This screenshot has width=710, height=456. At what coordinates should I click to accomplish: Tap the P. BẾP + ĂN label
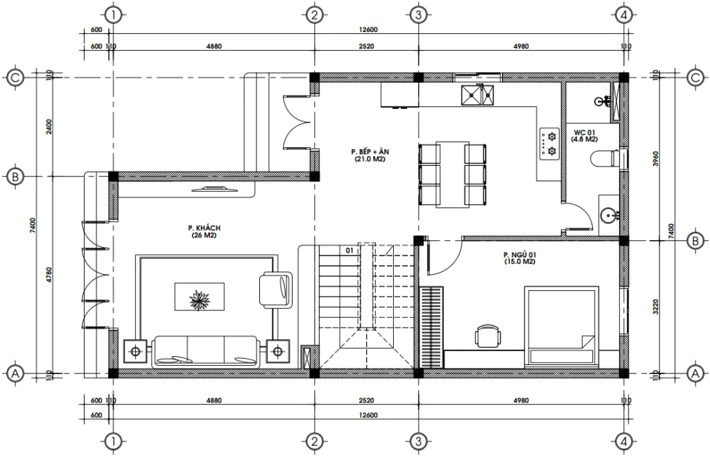pos(368,155)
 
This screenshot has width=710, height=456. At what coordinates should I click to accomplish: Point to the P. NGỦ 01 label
pos(519,259)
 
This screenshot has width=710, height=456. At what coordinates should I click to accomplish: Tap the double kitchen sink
pos(479,94)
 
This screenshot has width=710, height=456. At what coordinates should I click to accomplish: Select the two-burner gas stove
pos(551,143)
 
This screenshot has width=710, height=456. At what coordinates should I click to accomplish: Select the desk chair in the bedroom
pos(488,336)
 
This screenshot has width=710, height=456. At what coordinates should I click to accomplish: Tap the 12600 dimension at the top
pos(368,29)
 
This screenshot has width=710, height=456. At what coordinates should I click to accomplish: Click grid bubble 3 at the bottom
pos(417,441)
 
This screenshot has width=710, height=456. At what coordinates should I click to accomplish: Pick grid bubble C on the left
pos(15,78)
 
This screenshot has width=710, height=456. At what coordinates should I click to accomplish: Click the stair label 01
pos(349,250)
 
